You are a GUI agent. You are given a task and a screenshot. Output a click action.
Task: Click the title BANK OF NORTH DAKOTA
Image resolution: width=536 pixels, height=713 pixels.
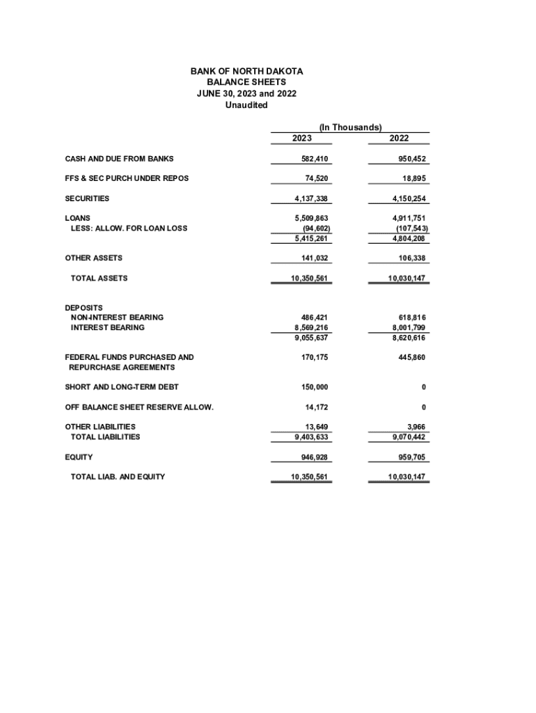pos(246,72)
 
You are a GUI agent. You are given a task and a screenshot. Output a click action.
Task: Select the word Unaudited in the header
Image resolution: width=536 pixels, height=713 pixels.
pos(246,105)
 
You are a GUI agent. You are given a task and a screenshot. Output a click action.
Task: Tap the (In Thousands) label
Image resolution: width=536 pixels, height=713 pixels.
pos(350,127)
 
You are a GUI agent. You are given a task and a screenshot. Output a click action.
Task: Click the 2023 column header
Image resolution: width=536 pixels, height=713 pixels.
pos(302,139)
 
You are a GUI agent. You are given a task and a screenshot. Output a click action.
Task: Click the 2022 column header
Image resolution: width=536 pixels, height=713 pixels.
pos(400,139)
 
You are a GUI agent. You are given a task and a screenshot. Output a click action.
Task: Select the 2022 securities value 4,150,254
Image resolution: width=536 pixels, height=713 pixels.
pos(407,198)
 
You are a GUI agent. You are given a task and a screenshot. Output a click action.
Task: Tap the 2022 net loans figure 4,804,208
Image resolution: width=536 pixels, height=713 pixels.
pos(408,238)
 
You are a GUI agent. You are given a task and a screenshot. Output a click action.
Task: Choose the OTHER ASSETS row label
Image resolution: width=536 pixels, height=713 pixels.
pos(93,258)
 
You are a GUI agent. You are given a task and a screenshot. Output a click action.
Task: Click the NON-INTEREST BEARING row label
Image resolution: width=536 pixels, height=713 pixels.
pos(117,318)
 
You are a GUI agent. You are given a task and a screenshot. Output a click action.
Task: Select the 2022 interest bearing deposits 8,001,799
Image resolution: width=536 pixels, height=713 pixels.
pos(409,327)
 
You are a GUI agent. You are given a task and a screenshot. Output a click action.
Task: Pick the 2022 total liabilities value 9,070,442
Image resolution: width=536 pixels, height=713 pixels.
pos(408,437)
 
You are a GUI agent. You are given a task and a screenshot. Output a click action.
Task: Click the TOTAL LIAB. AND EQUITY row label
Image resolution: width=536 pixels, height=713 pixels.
pos(118,477)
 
